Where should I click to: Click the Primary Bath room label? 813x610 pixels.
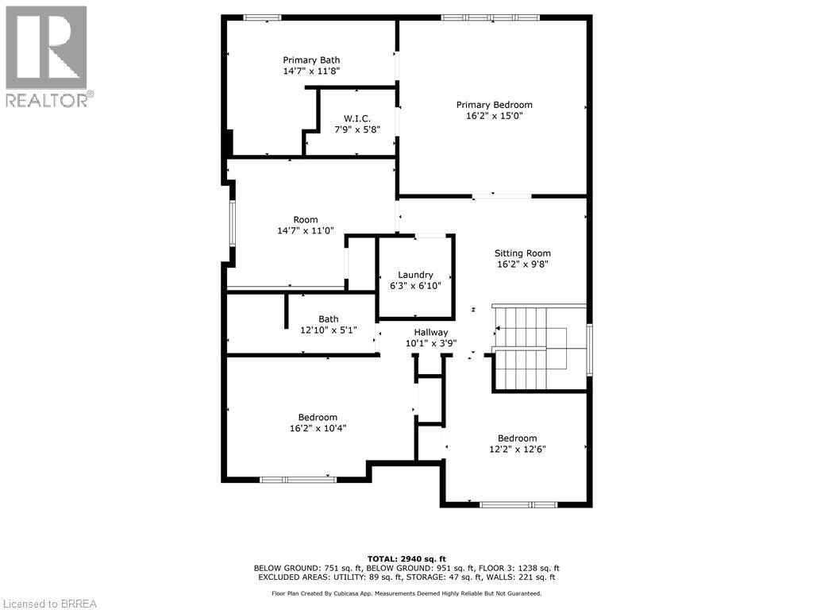tap(311, 60)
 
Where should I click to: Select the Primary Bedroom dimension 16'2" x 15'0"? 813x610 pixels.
tap(494, 116)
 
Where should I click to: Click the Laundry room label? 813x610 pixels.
tap(415, 275)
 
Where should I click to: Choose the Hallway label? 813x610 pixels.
tap(430, 333)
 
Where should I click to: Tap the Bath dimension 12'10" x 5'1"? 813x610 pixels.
tap(328, 330)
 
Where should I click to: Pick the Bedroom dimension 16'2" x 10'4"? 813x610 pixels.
tap(318, 428)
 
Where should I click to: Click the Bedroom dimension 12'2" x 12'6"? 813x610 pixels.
tap(517, 449)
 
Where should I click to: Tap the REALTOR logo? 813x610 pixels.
tap(47, 56)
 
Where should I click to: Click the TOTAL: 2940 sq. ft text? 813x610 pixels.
tap(406, 558)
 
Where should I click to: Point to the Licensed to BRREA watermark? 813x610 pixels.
tap(49, 603)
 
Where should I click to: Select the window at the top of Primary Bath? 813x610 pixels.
tap(261, 17)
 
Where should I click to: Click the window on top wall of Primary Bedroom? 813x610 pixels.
tap(490, 17)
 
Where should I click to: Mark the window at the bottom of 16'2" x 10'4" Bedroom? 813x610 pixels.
tap(298, 479)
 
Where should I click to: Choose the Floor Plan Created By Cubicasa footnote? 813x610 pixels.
tap(406, 593)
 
